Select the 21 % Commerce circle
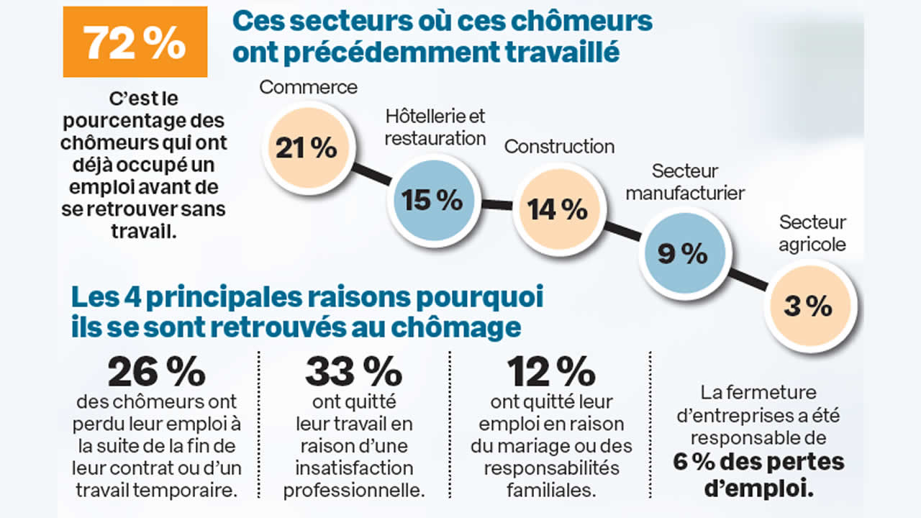tap(306, 148)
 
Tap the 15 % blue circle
tap(432, 201)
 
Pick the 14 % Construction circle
tap(558, 209)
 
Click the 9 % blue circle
tap(682, 253)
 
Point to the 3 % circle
tap(808, 306)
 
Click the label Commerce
tap(308, 87)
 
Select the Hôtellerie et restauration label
tap(435, 127)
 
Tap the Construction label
tap(559, 147)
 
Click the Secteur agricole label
tap(812, 233)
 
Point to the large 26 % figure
tap(156, 372)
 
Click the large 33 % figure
tap(353, 372)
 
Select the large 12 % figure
tap(550, 372)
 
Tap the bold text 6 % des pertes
tap(758, 461)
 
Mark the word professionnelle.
tap(353, 491)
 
